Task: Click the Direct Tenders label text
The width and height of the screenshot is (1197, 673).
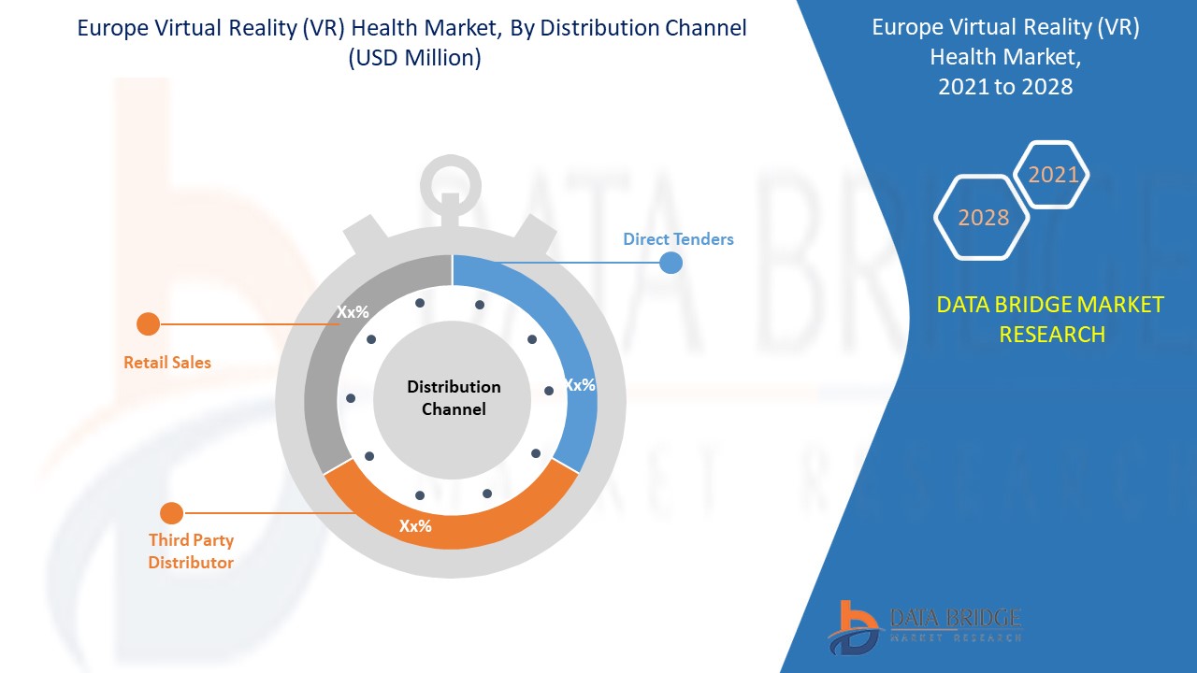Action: point(678,239)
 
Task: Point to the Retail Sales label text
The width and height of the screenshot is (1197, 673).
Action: point(167,363)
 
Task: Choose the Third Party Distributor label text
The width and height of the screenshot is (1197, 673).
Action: point(191,551)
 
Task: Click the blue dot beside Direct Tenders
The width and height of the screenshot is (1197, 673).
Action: point(671,263)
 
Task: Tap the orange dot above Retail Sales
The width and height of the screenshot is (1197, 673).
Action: point(148,324)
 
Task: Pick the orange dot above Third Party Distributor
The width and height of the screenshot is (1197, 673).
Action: point(171,513)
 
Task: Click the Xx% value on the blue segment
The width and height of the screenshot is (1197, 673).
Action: point(579,384)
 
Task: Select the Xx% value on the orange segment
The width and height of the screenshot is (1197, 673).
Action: point(415,525)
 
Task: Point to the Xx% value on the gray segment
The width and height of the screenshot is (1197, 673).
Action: point(353,312)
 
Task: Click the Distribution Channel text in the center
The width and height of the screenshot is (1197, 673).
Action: point(454,398)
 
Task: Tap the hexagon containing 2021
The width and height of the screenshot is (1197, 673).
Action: point(1053,175)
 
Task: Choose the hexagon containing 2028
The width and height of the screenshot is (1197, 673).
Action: point(983,217)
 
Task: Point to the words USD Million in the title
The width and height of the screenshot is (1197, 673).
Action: point(414,58)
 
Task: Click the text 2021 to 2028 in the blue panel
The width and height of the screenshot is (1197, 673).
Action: point(1005,87)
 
